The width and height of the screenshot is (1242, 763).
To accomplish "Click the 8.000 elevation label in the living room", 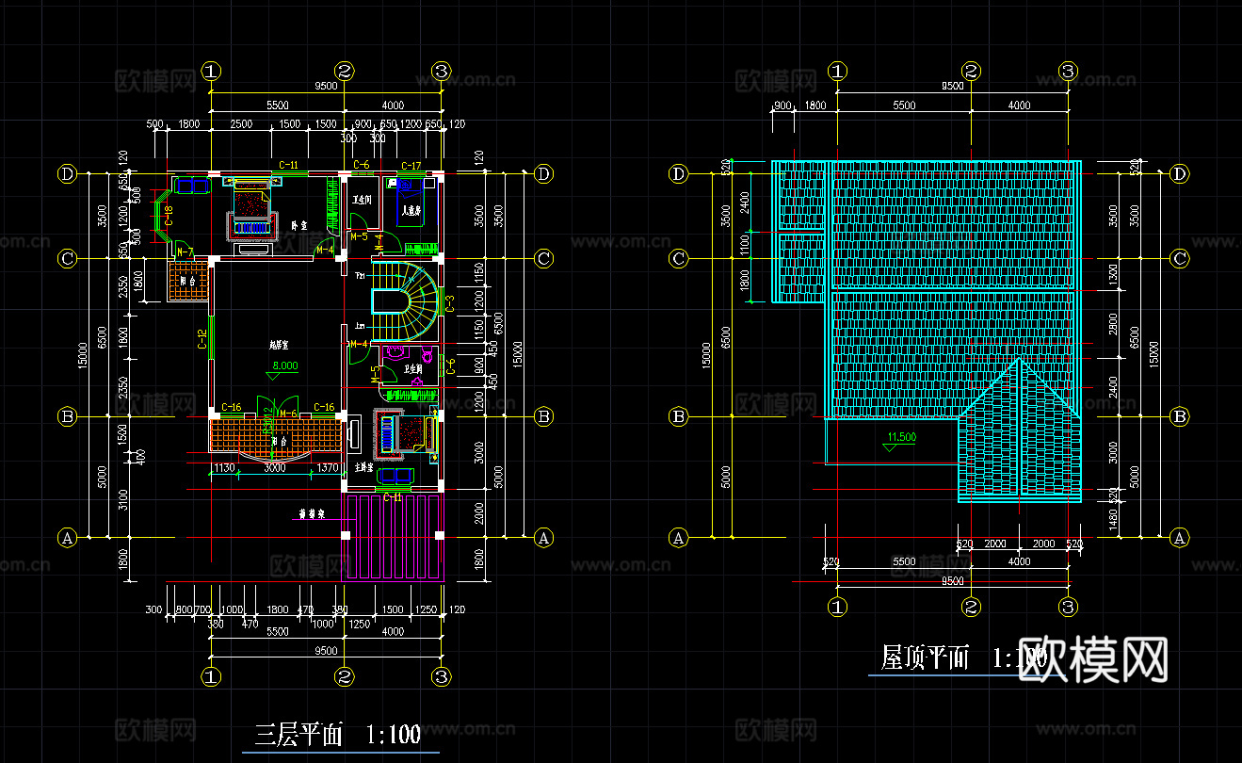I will [284, 365].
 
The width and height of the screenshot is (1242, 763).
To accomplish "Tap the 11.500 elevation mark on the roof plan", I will [901, 437].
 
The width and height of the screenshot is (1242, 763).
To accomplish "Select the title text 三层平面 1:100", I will [338, 735].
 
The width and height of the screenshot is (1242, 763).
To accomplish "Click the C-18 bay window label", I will [168, 216].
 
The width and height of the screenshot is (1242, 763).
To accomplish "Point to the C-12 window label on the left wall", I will [202, 340].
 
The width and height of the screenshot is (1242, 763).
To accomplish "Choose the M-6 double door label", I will [288, 414].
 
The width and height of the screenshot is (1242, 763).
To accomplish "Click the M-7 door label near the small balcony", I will [185, 252].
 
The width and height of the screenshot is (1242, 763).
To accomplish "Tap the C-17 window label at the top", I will [411, 166].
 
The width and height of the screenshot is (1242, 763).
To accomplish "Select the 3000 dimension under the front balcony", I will [274, 467].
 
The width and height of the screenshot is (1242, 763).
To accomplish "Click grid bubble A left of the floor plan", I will [67, 538].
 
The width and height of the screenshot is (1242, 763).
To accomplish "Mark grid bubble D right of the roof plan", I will [1180, 173].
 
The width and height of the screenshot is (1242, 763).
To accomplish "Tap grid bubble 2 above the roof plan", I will [971, 71].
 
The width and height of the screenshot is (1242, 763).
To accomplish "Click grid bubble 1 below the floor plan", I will [212, 676].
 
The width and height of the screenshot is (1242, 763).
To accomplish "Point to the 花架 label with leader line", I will [310, 515].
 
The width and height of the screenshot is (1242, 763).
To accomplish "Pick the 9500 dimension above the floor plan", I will [326, 86].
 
